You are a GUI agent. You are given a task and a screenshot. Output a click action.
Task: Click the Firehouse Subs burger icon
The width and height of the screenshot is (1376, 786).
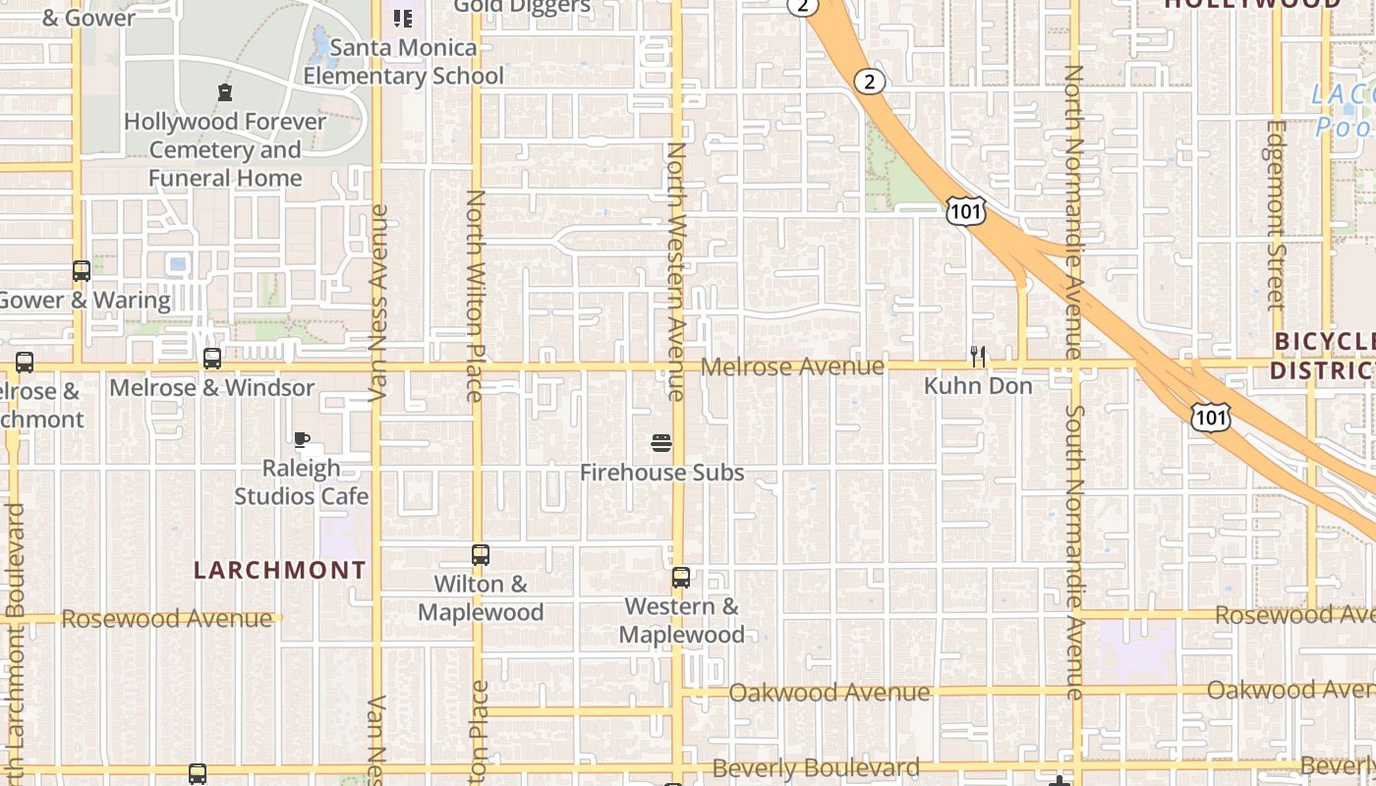tap(661, 443)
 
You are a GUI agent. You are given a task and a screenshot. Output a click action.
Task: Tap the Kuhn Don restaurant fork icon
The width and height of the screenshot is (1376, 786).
tap(978, 356)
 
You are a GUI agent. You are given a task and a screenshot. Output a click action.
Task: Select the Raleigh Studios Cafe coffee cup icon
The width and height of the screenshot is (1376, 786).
tap(302, 439)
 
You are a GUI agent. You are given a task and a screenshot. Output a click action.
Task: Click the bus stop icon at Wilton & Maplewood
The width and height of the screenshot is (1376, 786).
tap(481, 555)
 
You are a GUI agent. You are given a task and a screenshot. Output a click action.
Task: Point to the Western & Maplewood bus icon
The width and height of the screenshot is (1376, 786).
tap(681, 578)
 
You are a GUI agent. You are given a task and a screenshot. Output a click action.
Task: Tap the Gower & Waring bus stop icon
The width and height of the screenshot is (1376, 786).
tap(82, 271)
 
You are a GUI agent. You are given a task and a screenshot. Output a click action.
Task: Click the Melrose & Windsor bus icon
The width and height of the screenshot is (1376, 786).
tap(212, 359)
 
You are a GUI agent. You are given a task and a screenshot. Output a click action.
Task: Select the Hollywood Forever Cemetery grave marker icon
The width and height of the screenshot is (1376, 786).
tap(225, 93)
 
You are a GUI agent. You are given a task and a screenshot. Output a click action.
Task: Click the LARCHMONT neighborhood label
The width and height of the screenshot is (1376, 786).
tap(279, 570)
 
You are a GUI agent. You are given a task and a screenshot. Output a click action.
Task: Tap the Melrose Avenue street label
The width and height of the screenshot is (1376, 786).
tap(793, 366)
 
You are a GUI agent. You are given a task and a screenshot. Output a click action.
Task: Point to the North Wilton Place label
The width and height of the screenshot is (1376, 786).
tap(476, 295)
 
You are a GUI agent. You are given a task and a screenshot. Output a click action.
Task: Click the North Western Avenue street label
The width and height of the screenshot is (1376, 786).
tap(676, 270)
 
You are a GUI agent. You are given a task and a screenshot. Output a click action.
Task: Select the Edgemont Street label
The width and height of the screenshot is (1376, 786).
tap(1276, 214)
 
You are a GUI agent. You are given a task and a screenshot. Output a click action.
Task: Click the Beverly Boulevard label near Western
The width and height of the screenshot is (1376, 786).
tap(816, 767)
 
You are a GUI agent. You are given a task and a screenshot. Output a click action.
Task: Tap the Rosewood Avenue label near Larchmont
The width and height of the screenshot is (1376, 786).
tap(167, 619)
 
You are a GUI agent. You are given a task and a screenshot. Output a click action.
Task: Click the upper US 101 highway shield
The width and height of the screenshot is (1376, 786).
tap(965, 209)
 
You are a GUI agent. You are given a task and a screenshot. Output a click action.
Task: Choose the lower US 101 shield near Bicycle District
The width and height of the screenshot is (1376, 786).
tap(1210, 418)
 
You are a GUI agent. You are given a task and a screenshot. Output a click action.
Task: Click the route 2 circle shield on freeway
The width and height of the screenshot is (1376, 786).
tap(869, 81)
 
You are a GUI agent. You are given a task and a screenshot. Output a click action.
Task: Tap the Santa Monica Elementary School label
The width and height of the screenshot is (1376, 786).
tap(403, 61)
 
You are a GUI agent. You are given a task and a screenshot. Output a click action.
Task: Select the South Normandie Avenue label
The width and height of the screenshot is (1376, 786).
tap(1074, 551)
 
